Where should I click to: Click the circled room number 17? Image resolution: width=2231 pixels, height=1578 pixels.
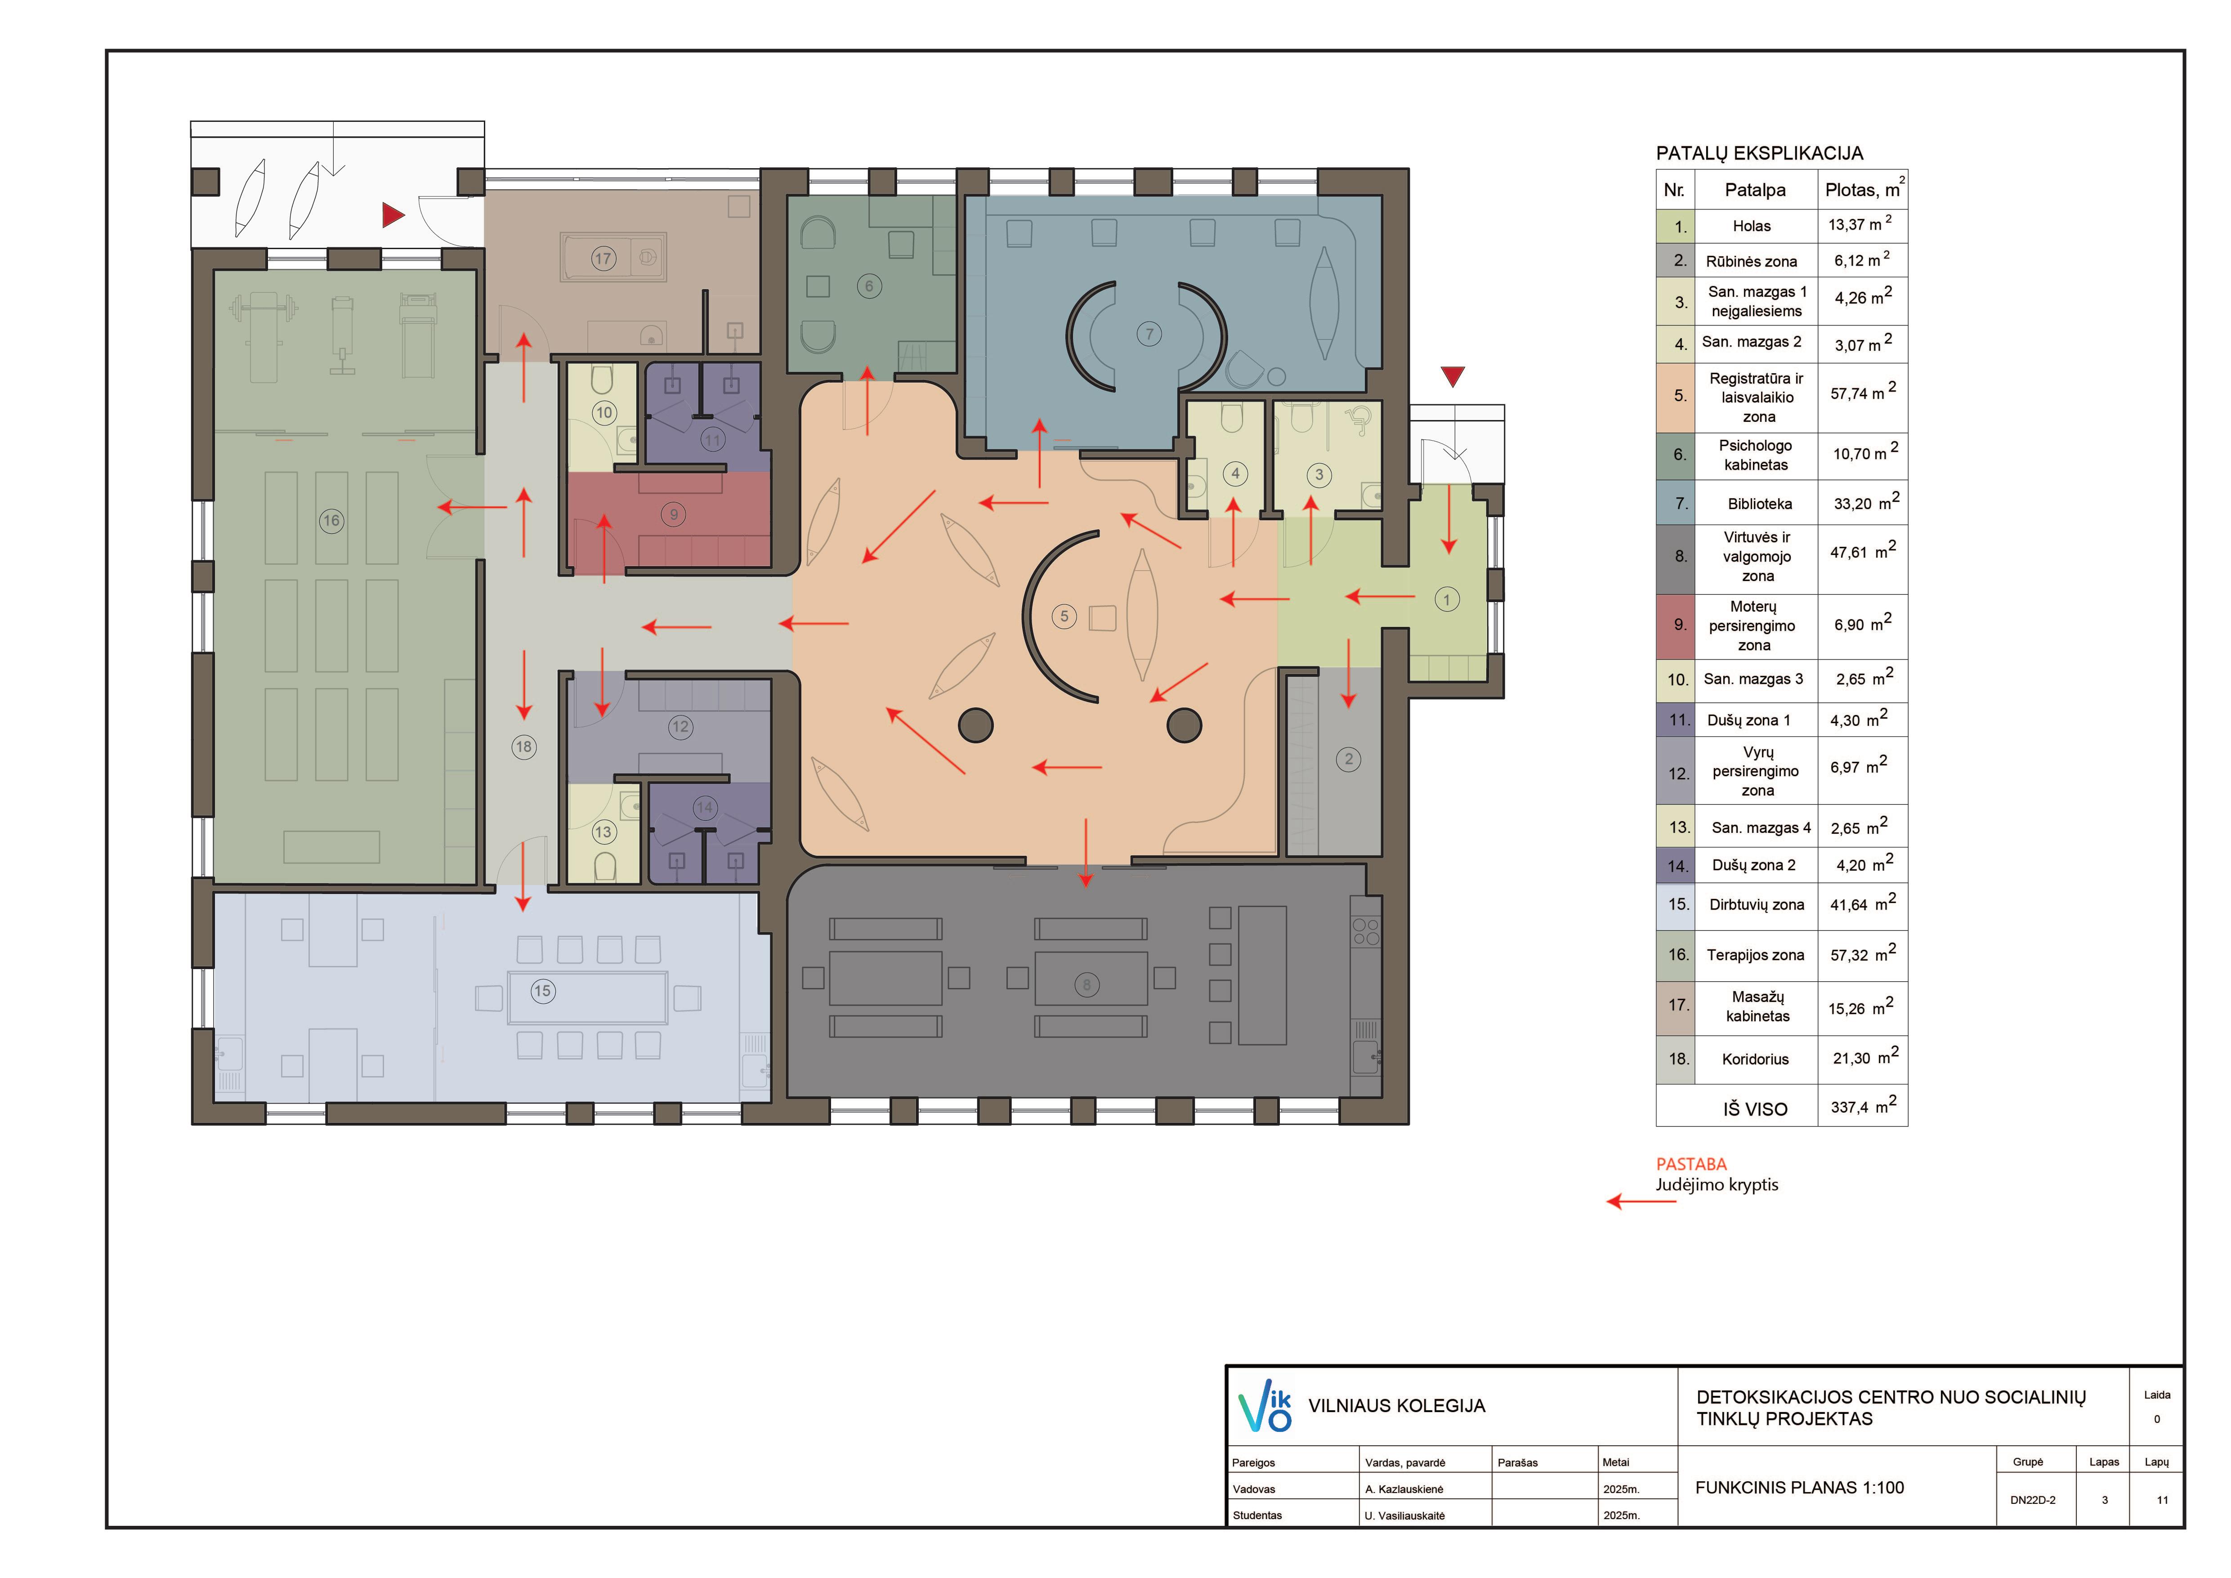tap(604, 259)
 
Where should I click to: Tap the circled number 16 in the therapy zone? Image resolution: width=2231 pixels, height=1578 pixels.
tap(331, 521)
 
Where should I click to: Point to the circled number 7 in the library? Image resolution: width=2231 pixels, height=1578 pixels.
tap(1149, 334)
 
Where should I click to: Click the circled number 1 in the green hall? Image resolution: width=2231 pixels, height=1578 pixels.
tap(1447, 599)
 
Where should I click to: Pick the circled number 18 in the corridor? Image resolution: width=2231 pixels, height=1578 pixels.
tap(524, 746)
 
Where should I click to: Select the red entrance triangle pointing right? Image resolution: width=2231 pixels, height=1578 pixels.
tap(393, 215)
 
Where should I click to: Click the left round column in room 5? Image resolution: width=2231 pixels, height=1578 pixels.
tap(975, 725)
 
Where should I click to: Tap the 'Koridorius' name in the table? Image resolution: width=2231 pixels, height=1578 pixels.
tap(1755, 1059)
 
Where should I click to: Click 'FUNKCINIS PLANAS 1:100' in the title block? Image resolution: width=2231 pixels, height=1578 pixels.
tap(1800, 1488)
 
